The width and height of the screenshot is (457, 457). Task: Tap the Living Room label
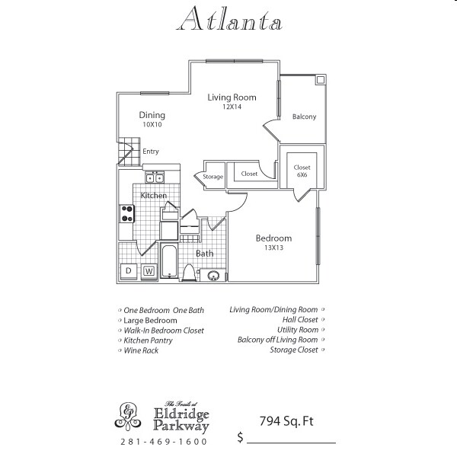[x=232, y=97]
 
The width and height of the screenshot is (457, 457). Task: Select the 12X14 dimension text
[x=232, y=107]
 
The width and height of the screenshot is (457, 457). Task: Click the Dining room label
[x=152, y=115]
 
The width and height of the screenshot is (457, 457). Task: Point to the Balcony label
[x=304, y=117]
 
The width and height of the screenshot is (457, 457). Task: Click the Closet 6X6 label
[x=302, y=170]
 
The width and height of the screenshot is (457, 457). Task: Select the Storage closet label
[x=213, y=177]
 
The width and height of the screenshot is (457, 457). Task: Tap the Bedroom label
[x=273, y=238]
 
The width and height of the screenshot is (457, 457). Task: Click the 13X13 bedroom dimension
[x=273, y=248]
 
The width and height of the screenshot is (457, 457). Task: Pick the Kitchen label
[x=153, y=196]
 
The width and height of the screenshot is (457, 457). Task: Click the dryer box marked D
[x=129, y=270]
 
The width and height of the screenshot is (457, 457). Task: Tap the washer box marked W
[x=149, y=270]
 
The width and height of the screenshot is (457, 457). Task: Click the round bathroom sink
[x=214, y=276]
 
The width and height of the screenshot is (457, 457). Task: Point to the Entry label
[x=151, y=152]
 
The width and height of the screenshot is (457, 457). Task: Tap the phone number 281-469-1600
[x=163, y=442]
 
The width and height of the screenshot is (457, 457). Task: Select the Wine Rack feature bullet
[x=140, y=350]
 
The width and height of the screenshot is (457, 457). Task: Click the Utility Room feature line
[x=298, y=330]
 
